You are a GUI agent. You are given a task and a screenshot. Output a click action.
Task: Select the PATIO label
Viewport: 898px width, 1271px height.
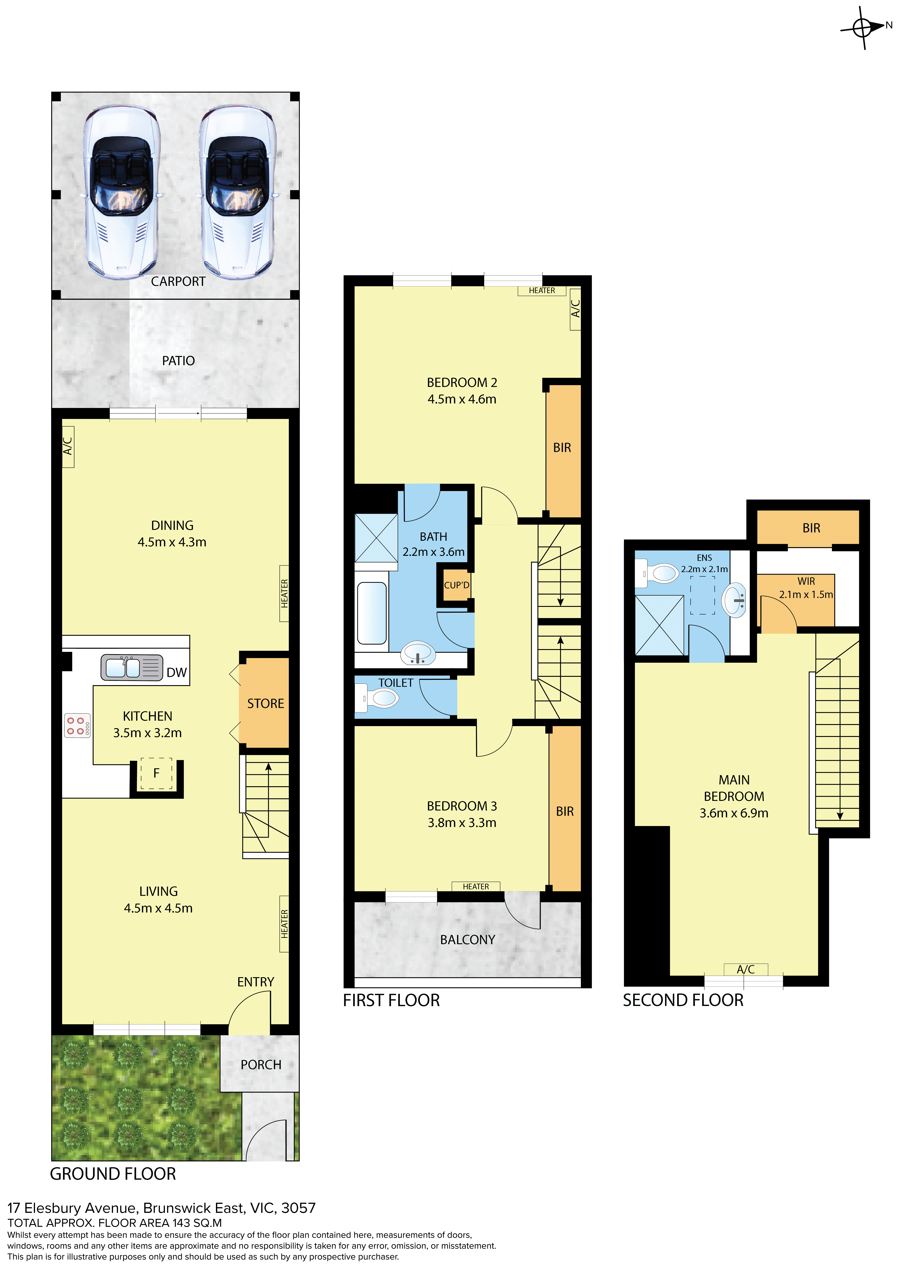(178, 361)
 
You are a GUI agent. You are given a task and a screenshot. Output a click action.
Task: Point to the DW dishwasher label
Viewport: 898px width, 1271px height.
(176, 673)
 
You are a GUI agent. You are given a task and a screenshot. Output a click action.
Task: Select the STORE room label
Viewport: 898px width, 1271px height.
(266, 704)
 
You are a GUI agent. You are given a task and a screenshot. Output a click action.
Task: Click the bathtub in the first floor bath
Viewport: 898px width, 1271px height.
(372, 613)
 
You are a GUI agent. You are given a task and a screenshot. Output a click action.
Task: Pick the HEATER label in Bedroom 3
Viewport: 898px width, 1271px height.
(476, 886)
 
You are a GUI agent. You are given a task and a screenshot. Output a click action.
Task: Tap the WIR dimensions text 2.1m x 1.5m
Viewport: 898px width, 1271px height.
(806, 595)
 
